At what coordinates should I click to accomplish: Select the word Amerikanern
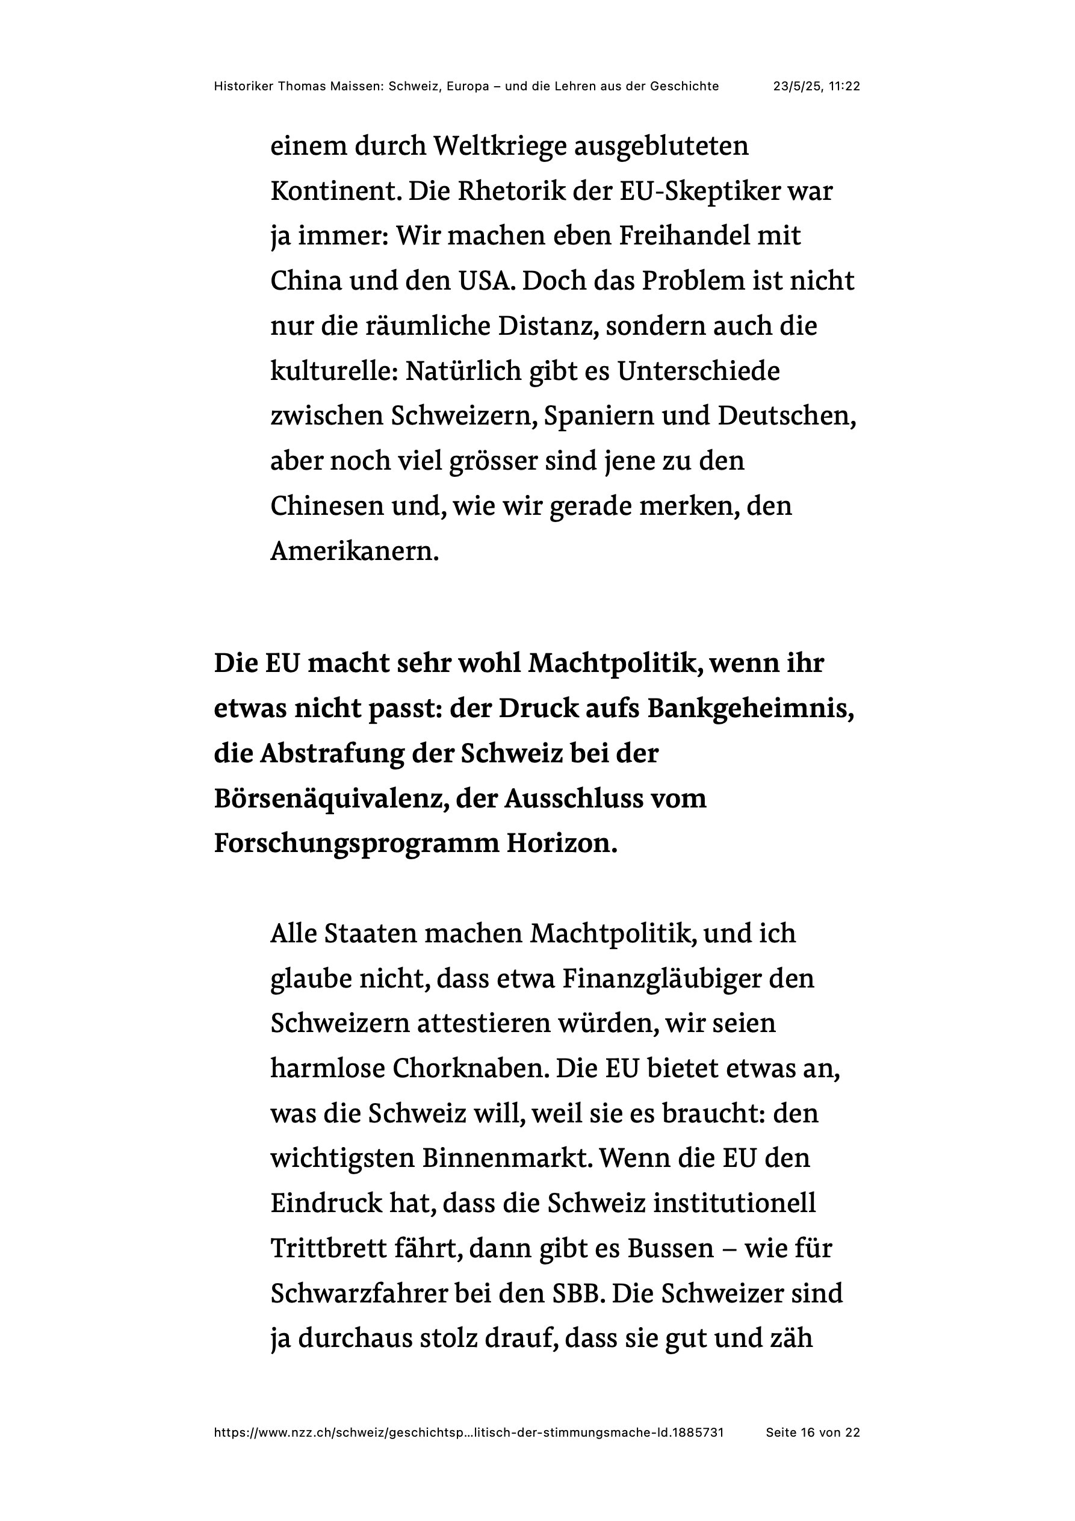tap(355, 552)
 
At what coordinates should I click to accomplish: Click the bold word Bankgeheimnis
tap(751, 709)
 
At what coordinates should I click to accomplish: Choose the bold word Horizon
tap(562, 844)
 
